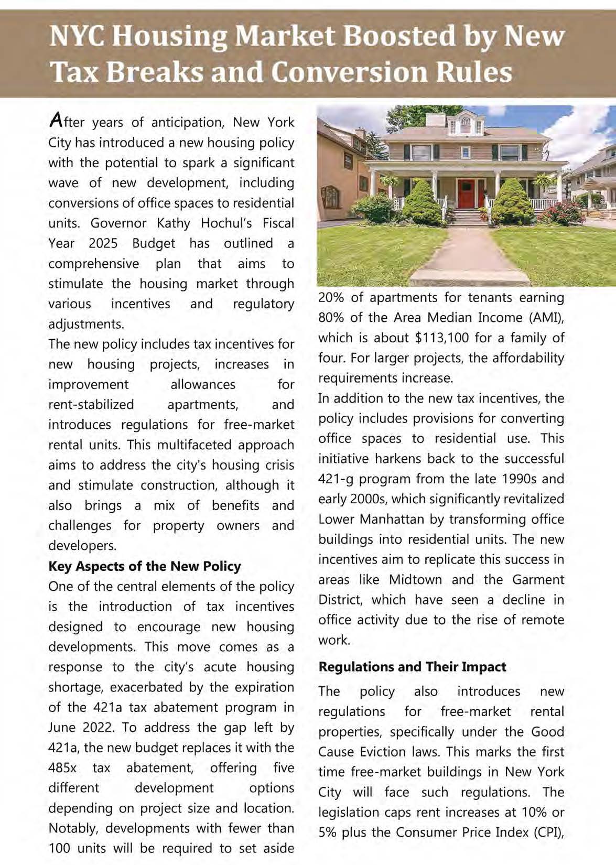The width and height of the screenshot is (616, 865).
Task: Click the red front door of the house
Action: (x=465, y=193)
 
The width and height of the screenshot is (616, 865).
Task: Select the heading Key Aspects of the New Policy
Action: (x=145, y=566)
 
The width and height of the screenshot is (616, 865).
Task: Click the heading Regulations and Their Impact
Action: (x=412, y=667)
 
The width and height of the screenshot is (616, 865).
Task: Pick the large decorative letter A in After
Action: (x=56, y=121)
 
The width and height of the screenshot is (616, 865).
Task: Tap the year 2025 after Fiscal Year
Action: (x=103, y=243)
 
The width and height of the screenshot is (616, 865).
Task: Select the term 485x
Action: (x=62, y=768)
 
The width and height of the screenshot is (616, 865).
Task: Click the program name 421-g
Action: (x=336, y=479)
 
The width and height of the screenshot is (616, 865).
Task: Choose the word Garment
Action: (x=538, y=579)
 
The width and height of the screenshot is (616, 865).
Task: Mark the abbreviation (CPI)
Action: (x=548, y=832)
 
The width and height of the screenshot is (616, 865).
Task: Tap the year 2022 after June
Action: (x=100, y=728)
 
